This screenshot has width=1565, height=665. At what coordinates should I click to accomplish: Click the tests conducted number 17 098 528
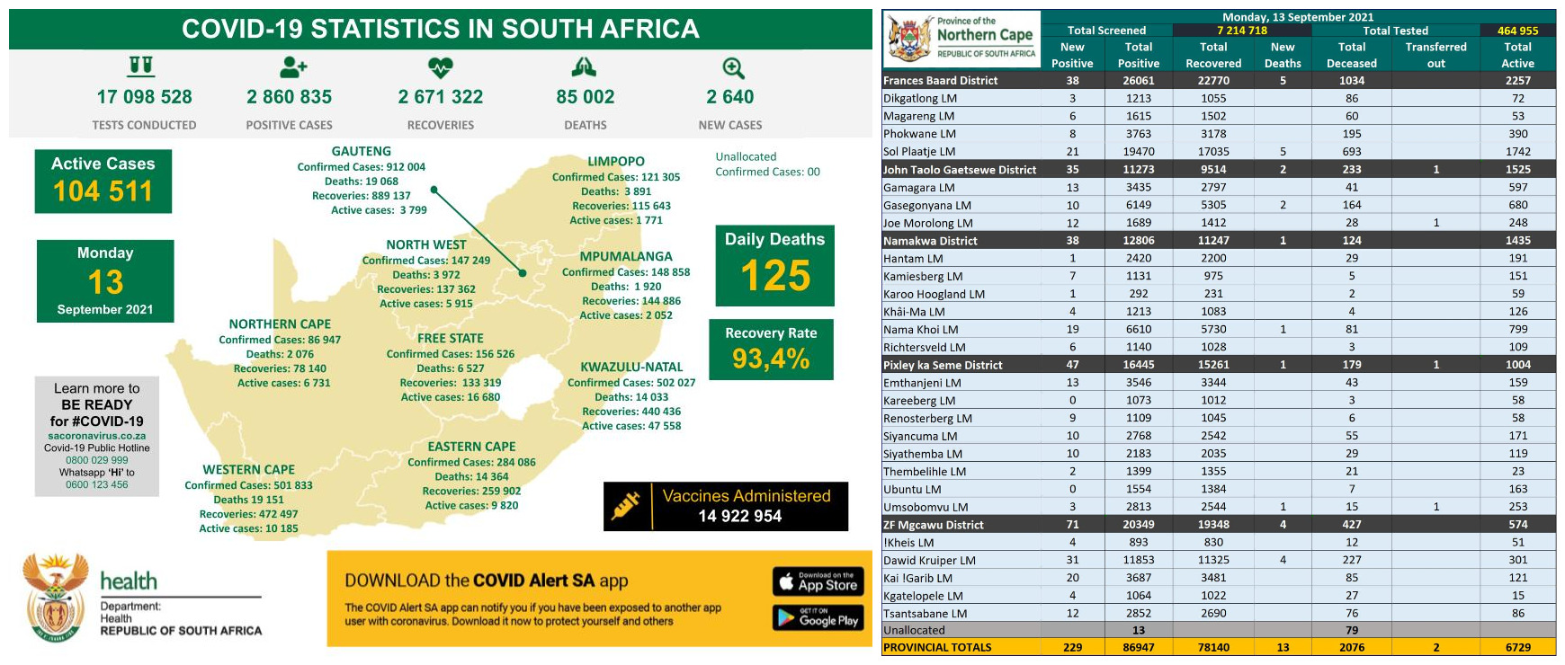click(x=144, y=97)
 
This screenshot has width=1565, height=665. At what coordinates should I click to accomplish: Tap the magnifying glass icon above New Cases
click(x=733, y=68)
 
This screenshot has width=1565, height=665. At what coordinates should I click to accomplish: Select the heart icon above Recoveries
click(x=440, y=67)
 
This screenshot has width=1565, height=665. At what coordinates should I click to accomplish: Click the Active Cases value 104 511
click(x=103, y=191)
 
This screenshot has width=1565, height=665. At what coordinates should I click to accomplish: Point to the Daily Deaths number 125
click(x=775, y=276)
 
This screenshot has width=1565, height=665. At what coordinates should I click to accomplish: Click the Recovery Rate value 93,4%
click(x=771, y=359)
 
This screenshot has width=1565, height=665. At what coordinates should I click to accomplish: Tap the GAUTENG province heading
click(x=361, y=152)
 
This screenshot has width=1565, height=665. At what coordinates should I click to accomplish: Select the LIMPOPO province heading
click(x=616, y=162)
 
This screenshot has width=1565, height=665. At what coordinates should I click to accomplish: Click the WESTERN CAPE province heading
click(x=248, y=470)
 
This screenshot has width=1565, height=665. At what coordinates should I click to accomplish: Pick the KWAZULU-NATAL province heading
click(x=631, y=368)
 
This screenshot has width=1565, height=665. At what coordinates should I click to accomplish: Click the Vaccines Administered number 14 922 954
click(x=740, y=516)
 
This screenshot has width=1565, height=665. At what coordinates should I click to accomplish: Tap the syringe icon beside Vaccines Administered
click(x=626, y=506)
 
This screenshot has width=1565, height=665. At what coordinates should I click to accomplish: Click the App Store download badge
click(x=818, y=581)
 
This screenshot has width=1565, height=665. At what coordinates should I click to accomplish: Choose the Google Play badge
click(x=818, y=617)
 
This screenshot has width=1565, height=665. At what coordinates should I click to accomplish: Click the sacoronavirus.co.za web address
click(x=97, y=436)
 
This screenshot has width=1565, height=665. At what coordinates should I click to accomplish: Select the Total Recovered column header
click(x=1213, y=55)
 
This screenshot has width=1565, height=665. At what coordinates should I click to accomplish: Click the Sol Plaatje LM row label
click(x=919, y=152)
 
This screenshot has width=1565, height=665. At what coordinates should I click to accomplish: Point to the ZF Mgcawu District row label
click(x=933, y=525)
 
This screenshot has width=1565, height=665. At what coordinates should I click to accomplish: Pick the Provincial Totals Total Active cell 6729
click(x=1517, y=647)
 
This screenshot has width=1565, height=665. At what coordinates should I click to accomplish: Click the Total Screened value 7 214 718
click(x=1242, y=31)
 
